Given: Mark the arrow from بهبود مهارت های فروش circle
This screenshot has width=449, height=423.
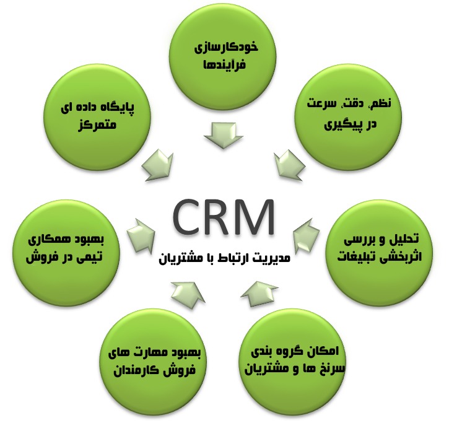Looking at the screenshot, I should coord(185,292).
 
